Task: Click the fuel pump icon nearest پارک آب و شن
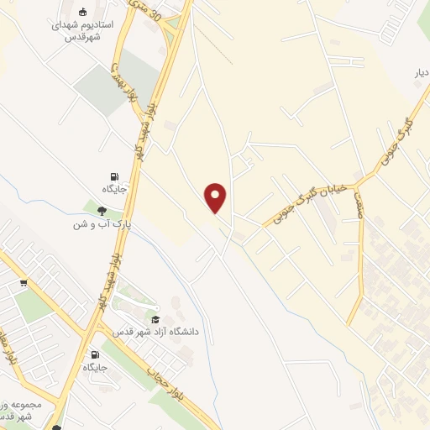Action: click(113, 176)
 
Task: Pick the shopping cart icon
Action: click(24, 283)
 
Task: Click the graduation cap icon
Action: click(155, 319)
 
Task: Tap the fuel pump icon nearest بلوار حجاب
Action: click(94, 355)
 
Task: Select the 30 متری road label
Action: click(155, 12)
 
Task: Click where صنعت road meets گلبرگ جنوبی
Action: click(356, 181)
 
